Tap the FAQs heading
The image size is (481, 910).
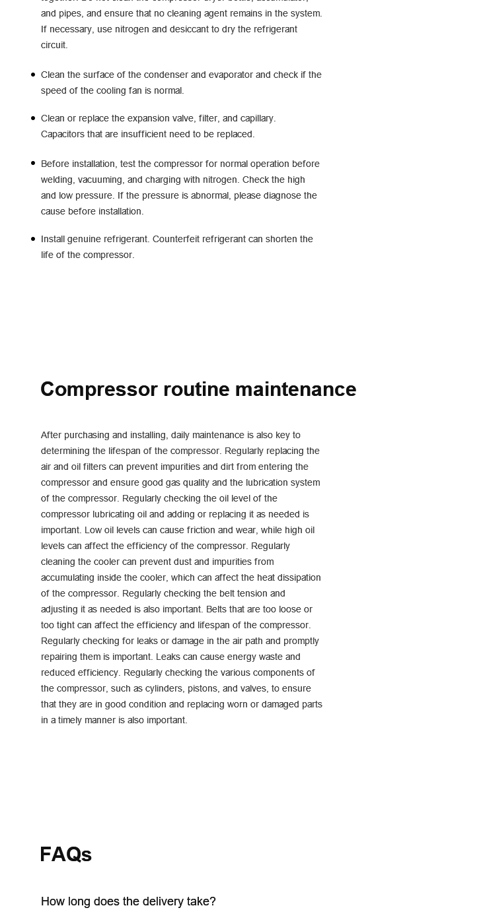click(65, 855)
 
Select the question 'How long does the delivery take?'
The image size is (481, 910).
click(128, 901)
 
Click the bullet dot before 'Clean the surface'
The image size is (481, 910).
click(33, 75)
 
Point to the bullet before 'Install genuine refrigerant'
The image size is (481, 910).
click(33, 239)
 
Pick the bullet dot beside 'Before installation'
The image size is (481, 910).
click(33, 163)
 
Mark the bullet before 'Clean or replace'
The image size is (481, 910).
click(33, 118)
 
